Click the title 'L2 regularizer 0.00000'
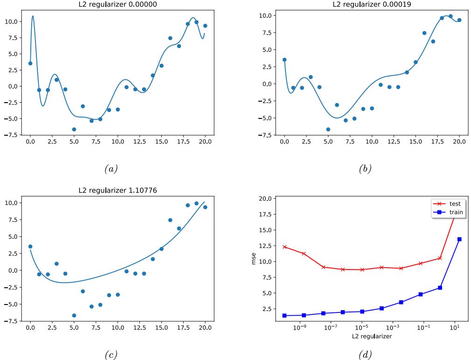118,4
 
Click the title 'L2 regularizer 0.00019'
372,4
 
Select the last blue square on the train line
459,239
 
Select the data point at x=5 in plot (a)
74,129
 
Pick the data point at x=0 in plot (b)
284,60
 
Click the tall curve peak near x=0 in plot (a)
33,16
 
